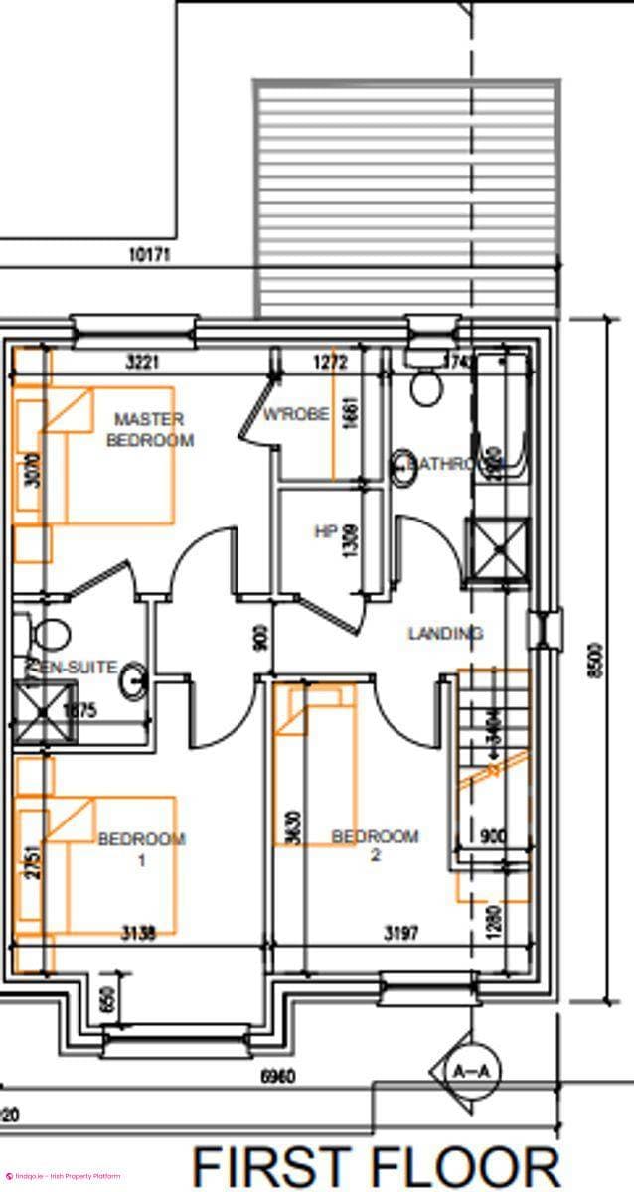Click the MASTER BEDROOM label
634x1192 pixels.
pos(150,429)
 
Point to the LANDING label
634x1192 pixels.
pos(445,633)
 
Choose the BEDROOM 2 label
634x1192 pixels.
pos(375,845)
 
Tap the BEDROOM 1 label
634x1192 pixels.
pos(141,849)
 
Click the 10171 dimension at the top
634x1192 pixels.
pos(150,254)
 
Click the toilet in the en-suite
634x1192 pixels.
pos(50,630)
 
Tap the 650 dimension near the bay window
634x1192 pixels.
pos(109,997)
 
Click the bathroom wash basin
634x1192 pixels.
pos(402,466)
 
